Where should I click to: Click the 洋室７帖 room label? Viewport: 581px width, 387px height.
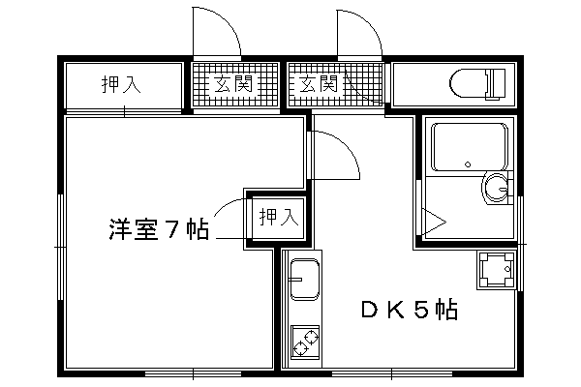coord(159,229)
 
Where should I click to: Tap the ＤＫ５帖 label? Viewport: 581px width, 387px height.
coord(410,310)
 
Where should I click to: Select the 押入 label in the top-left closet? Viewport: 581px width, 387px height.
coord(121,84)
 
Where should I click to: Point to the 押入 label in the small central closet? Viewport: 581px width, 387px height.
coord(279,217)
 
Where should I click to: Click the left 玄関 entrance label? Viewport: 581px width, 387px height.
coord(233,84)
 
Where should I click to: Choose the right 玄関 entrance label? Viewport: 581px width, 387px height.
coord(319,84)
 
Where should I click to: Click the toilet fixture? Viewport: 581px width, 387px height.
coord(477,84)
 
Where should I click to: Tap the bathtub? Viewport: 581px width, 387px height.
coord(470,147)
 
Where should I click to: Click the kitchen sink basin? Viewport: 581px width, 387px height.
coord(305,279)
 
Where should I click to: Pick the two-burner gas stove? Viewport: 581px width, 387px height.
coord(305,342)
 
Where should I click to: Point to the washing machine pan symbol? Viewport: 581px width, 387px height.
coord(496,270)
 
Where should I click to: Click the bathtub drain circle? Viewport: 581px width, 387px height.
coord(468,164)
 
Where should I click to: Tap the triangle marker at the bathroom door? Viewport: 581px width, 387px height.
coord(434,223)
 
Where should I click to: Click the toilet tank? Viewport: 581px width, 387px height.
coord(498,84)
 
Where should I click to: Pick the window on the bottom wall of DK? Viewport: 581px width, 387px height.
coord(391,373)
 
